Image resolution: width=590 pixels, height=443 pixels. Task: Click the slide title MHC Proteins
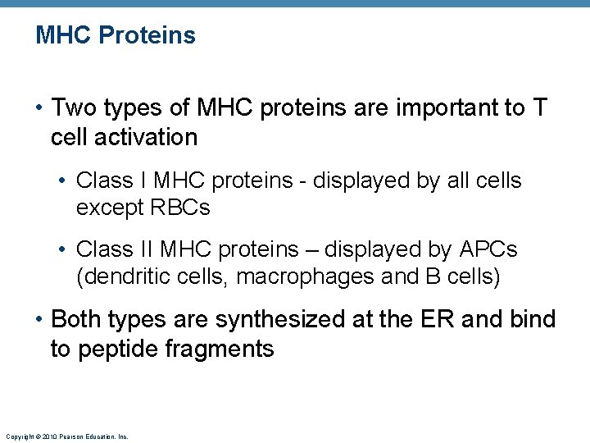coord(116,35)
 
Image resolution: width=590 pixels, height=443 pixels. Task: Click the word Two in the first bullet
coord(73,107)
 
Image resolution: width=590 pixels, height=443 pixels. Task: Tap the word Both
coord(77,319)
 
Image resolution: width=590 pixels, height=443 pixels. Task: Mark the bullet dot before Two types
coord(40,108)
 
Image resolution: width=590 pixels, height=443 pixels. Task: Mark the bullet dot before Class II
coord(66,249)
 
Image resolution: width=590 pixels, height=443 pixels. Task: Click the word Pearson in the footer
coord(68,437)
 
